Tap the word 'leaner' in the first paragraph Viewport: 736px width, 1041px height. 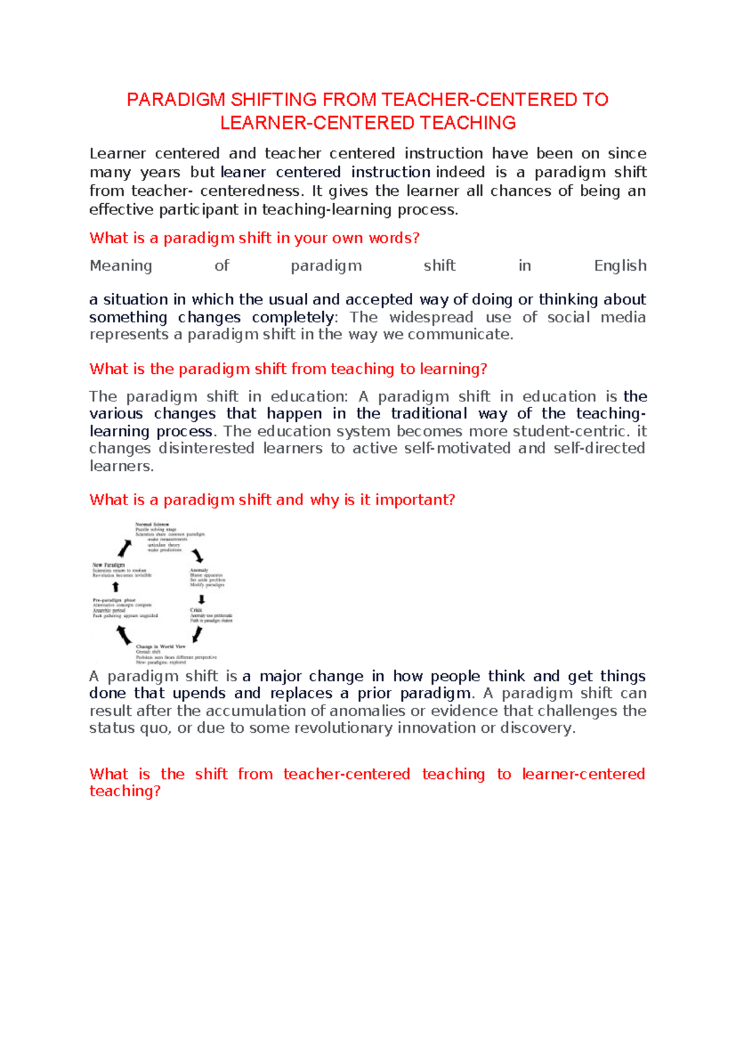[x=243, y=172]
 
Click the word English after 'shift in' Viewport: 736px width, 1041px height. [x=619, y=266]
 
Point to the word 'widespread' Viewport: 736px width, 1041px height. [x=431, y=317]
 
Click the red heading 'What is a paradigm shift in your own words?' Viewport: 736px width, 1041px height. [x=254, y=238]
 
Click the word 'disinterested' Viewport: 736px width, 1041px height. [x=206, y=448]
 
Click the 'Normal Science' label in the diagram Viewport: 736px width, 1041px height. [x=151, y=525]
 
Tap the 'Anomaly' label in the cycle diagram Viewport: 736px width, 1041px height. [x=199, y=570]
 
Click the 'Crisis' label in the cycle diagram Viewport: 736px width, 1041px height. [x=196, y=610]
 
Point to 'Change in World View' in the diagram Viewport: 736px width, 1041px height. [x=160, y=646]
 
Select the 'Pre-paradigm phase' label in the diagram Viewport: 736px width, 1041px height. [x=114, y=600]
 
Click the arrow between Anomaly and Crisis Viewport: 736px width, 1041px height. [x=201, y=599]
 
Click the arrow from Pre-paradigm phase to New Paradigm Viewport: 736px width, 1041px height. [x=115, y=587]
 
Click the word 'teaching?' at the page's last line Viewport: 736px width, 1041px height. [x=125, y=791]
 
